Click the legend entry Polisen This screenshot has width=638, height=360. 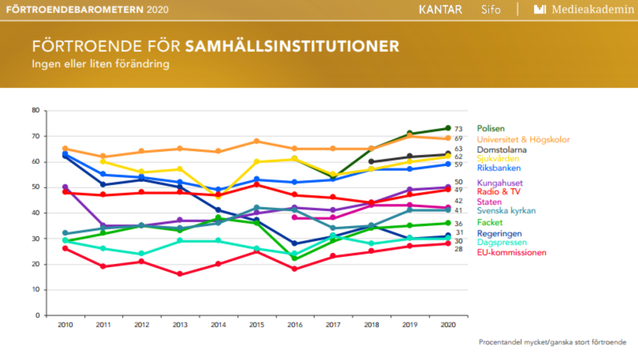pyautogui.click(x=491, y=128)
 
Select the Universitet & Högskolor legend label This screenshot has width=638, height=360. pyautogui.click(x=523, y=139)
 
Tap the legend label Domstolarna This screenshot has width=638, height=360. pyautogui.click(x=502, y=149)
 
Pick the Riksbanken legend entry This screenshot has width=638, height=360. pyautogui.click(x=499, y=168)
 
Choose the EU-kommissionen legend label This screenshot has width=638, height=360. pyautogui.click(x=511, y=253)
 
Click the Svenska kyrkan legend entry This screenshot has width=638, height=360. pyautogui.click(x=506, y=211)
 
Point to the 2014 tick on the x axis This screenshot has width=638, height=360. pyautogui.click(x=218, y=325)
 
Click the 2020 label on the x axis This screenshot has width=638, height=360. pyautogui.click(x=448, y=325)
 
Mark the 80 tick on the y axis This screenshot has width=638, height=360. pyautogui.click(x=36, y=111)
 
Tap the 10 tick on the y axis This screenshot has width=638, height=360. pyautogui.click(x=36, y=290)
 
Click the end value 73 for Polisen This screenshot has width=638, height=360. pyautogui.click(x=459, y=129)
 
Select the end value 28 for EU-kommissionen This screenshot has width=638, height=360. pyautogui.click(x=459, y=249)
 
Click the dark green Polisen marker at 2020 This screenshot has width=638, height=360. pyautogui.click(x=448, y=128)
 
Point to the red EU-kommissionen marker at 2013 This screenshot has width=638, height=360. pyautogui.click(x=180, y=274)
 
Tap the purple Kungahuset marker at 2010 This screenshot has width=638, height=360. pyautogui.click(x=65, y=187)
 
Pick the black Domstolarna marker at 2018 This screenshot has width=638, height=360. pyautogui.click(x=371, y=162)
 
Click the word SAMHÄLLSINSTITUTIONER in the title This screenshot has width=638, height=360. pyautogui.click(x=292, y=46)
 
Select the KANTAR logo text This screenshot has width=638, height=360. pyautogui.click(x=441, y=9)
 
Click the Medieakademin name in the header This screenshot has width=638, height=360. pyautogui.click(x=592, y=9)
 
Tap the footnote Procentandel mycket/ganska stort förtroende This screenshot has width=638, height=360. pyautogui.click(x=552, y=342)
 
